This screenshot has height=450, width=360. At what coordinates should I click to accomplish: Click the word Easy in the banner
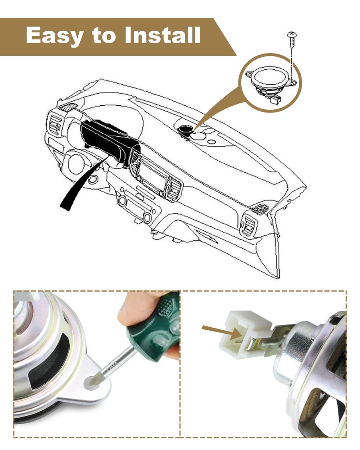tap(55, 36)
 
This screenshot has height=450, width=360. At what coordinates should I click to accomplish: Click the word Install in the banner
tap(162, 35)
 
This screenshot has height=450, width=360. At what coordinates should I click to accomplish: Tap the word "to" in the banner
tap(104, 36)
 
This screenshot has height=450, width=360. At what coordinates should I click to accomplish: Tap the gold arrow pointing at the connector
tap(222, 331)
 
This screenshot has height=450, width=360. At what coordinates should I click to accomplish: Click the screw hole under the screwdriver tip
tap(92, 382)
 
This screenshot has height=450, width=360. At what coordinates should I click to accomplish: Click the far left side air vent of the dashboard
tap(55, 124)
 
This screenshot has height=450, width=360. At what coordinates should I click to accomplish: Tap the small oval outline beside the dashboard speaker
tap(211, 141)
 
